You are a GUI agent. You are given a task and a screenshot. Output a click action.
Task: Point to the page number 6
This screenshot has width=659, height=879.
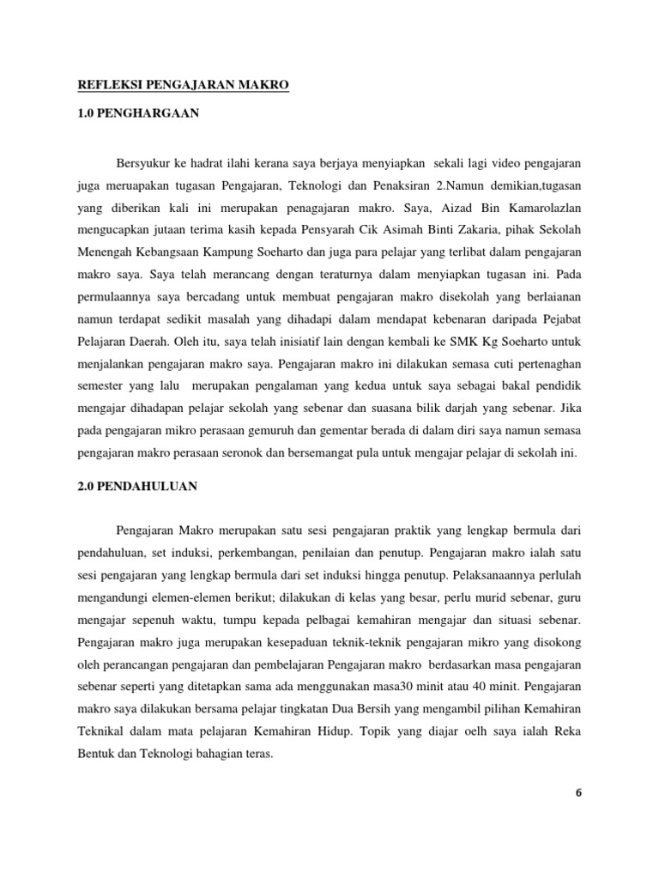click(578, 792)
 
